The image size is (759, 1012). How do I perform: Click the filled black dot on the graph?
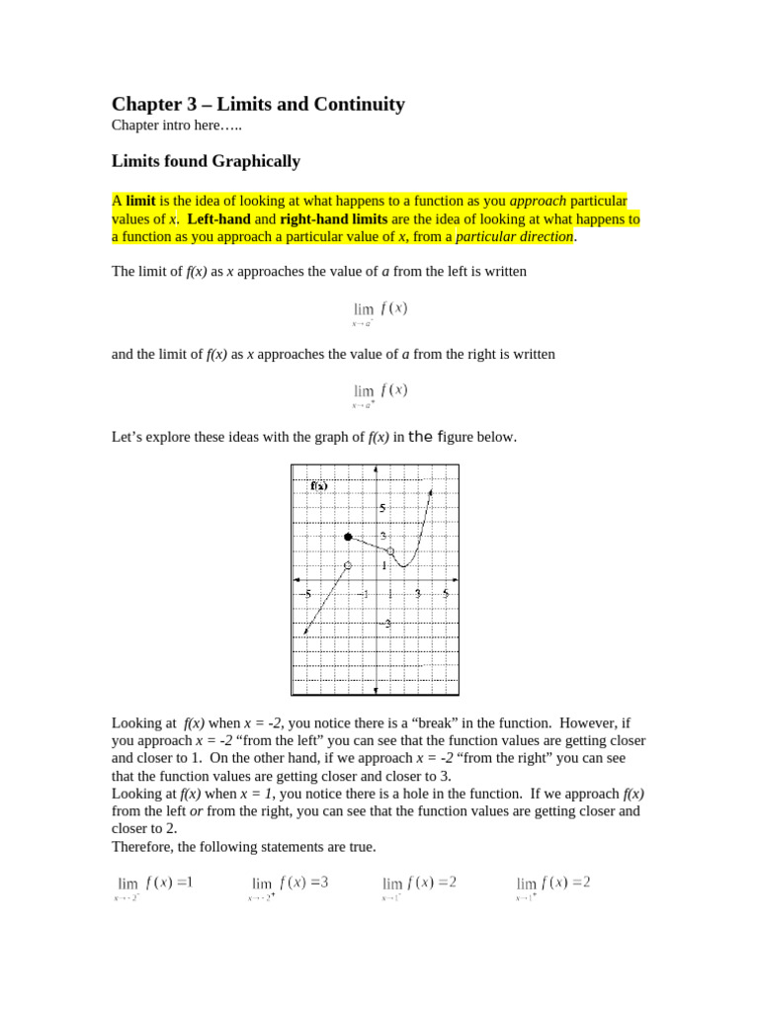coord(348,537)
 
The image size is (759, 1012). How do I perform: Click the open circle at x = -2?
coord(348,565)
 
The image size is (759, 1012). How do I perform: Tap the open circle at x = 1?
coord(390,551)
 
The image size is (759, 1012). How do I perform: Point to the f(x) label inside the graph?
coord(319,485)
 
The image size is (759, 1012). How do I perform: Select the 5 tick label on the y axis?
coord(382,508)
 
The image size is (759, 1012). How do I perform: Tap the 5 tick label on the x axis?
coord(445,594)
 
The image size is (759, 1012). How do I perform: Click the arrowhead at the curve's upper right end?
coord(430,490)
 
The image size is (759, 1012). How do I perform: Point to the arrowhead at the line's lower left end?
coord(306,631)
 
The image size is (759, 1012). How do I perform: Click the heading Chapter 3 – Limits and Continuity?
coord(258,104)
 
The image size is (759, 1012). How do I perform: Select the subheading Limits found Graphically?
coord(206,161)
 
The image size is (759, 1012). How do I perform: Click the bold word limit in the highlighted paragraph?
coord(140,201)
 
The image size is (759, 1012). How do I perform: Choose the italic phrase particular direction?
coord(514,236)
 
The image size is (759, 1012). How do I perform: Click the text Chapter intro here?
coord(176,126)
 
